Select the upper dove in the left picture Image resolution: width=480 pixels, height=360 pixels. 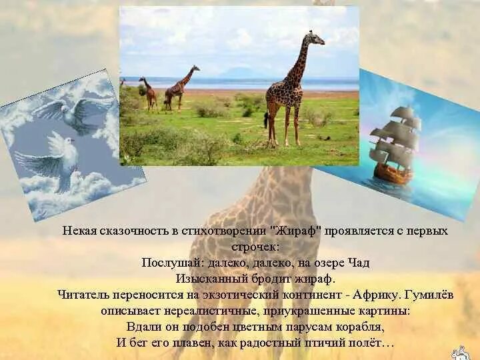(x=75, y=111)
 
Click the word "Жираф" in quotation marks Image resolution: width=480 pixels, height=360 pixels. (x=297, y=231)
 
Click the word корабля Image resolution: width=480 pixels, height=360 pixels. (x=363, y=327)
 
